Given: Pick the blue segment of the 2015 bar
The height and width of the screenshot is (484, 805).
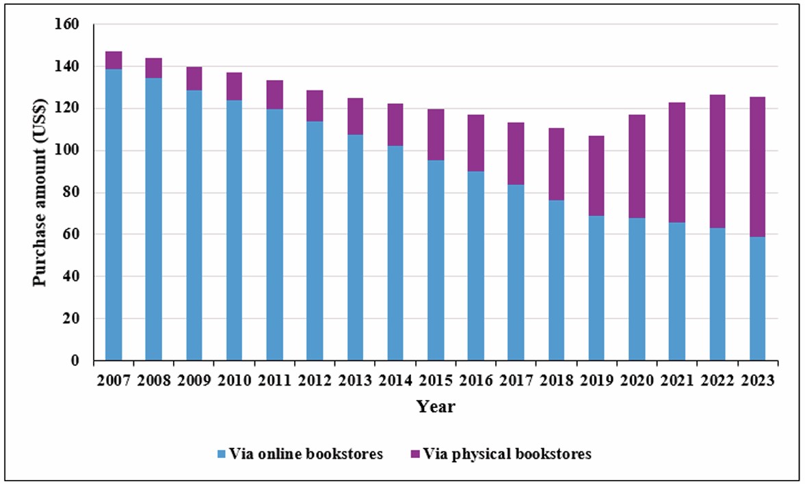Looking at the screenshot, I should click(436, 260).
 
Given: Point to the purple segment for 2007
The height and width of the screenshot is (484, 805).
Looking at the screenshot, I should click(114, 60).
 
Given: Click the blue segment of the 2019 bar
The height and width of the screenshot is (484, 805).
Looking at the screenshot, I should click(596, 288).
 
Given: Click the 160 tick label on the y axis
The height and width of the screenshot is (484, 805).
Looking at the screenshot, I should click(72, 25).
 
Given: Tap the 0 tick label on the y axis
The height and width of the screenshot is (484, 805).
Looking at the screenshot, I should click(77, 361).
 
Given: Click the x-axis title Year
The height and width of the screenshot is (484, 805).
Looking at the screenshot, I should click(436, 407).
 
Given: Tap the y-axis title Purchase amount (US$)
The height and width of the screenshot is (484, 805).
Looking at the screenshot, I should click(41, 193).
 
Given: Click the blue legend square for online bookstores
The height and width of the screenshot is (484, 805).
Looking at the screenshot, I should click(221, 454).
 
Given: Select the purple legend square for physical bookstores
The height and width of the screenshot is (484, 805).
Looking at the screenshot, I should click(414, 454).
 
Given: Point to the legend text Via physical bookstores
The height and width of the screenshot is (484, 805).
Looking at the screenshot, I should click(507, 454).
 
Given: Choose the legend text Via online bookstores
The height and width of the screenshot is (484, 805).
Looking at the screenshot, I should click(306, 454).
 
